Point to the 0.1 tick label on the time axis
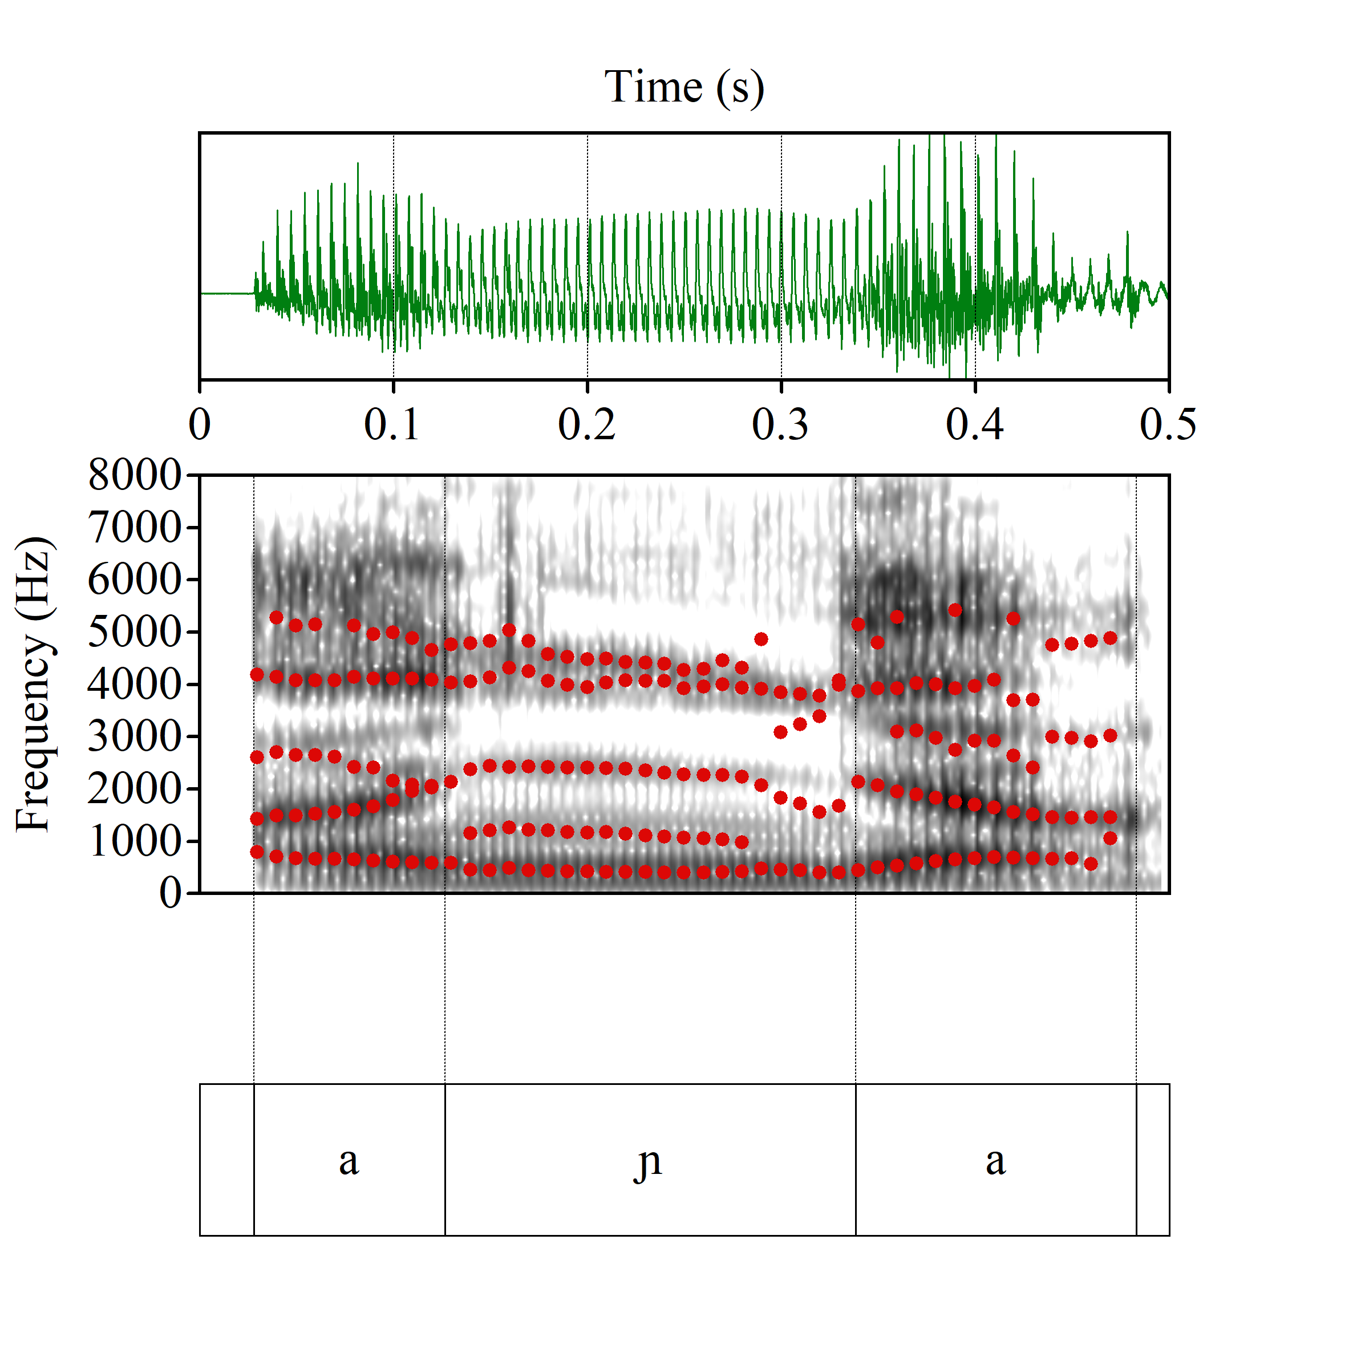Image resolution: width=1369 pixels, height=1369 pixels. tap(392, 425)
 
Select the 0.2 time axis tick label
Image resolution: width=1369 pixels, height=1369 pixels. tap(587, 425)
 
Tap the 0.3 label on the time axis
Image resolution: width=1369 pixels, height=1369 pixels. tap(780, 425)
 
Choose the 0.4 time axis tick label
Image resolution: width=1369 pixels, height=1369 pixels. tap(974, 425)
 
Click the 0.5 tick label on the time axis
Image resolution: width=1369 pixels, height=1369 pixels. tap(1168, 425)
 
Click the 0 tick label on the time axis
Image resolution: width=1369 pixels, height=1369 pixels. tap(200, 425)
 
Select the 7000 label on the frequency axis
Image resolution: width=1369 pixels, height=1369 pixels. tap(135, 527)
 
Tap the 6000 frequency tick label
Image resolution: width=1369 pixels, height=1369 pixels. tap(135, 580)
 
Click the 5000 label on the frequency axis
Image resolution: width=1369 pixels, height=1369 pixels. tap(135, 632)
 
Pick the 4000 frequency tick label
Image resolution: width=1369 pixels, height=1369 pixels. tap(135, 684)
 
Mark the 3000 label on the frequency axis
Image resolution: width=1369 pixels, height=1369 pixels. tap(135, 736)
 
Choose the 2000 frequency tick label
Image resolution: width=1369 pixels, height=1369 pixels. tap(135, 789)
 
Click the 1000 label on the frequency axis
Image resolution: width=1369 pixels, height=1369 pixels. tap(135, 841)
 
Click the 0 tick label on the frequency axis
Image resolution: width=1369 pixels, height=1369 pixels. tap(170, 893)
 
